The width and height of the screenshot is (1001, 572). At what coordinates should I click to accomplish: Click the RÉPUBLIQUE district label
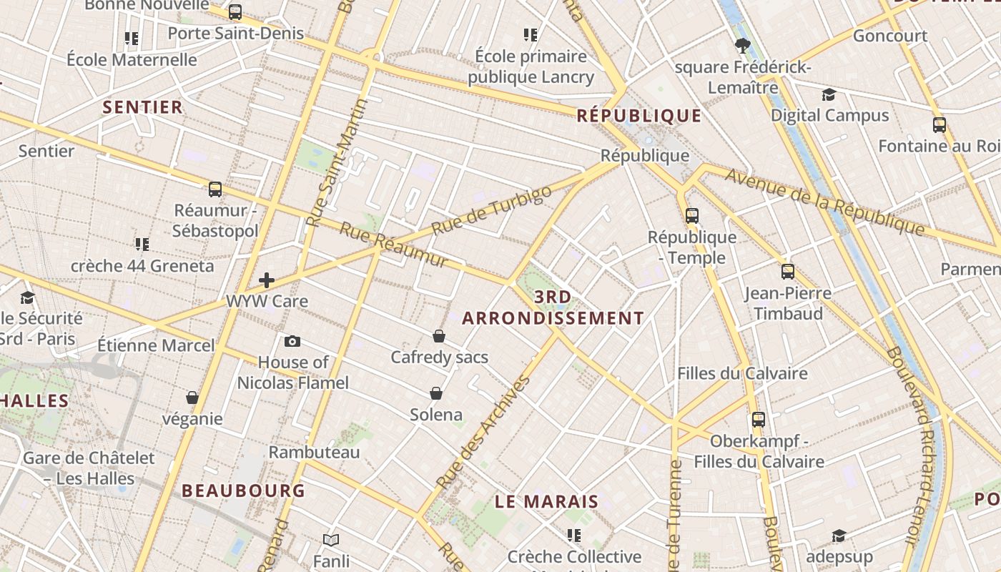click(639, 115)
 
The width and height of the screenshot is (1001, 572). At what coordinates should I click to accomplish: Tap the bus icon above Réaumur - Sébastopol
click(215, 189)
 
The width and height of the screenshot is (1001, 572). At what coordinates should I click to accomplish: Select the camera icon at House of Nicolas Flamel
click(292, 341)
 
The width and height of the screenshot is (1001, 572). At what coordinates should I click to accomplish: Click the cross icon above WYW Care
click(267, 280)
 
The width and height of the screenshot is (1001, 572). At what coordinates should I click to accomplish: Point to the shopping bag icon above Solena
click(436, 393)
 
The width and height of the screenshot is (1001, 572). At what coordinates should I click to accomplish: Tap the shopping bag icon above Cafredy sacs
click(439, 336)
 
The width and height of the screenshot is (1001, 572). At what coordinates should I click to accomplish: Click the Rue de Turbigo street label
click(493, 210)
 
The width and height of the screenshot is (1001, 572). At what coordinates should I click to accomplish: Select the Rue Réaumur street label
click(394, 245)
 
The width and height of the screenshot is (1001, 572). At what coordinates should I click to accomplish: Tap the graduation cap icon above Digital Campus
click(829, 94)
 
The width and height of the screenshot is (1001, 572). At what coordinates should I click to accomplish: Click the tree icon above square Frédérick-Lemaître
click(742, 46)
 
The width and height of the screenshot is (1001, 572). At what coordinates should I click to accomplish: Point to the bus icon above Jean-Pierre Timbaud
click(788, 272)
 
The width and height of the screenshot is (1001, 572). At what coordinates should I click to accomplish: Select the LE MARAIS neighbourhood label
click(546, 501)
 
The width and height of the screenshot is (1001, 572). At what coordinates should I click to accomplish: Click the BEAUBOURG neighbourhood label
click(243, 490)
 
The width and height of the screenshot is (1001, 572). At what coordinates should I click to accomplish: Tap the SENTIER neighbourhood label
click(143, 107)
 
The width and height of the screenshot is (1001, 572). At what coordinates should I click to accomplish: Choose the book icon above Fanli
click(330, 540)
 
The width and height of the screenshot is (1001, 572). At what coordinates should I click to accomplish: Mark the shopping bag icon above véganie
click(192, 398)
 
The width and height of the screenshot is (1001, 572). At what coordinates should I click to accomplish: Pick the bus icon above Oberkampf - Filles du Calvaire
click(759, 420)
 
